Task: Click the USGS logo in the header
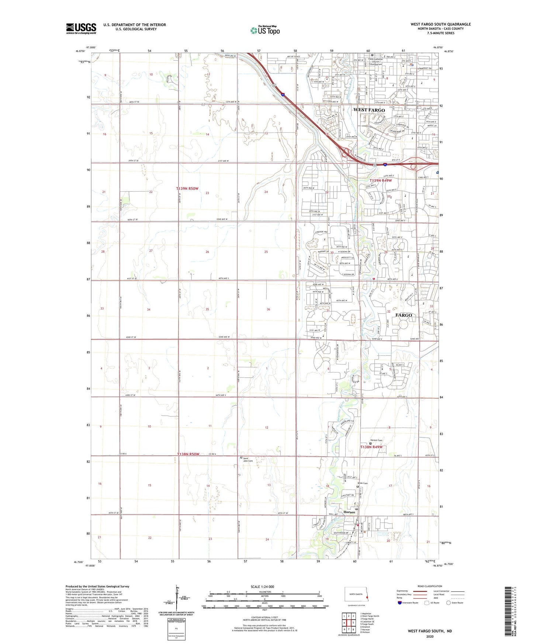[x=81, y=28]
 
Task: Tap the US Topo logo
[x=265, y=30]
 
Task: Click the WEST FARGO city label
[x=369, y=110]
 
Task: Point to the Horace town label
[x=349, y=512]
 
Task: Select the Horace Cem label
[x=376, y=440]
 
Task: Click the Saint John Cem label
[x=248, y=459]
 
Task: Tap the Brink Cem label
[x=363, y=483]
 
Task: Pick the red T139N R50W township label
[x=187, y=188]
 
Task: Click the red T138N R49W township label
[x=371, y=447]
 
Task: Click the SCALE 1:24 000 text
[x=262, y=586]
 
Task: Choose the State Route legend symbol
[x=448, y=603]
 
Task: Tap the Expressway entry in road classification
[x=402, y=591]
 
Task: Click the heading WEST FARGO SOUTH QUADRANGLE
[x=440, y=24]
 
